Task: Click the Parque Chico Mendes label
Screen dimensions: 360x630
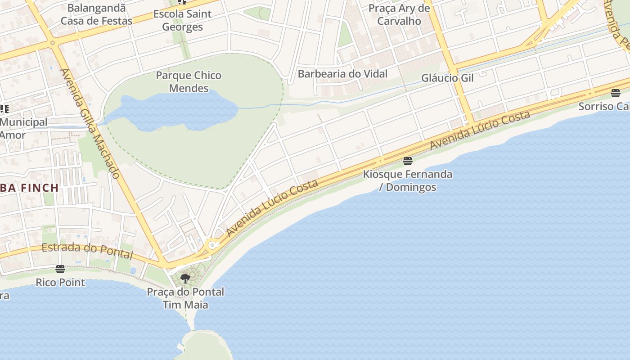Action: tap(189, 81)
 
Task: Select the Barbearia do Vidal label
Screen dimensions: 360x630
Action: tap(342, 74)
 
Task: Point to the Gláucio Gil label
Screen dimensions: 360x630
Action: tap(447, 78)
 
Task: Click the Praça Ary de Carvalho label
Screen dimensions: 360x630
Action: tap(399, 14)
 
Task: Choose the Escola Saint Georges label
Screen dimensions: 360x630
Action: tap(182, 20)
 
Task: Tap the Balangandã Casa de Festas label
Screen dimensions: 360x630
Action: tap(96, 14)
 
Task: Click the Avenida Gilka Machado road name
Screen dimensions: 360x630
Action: tap(90, 123)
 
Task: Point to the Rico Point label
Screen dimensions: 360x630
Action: tap(60, 283)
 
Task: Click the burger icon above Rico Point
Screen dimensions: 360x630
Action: tap(60, 269)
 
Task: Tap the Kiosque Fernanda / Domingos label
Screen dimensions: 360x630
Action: tap(408, 180)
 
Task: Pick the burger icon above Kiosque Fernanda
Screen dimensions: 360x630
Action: tap(408, 161)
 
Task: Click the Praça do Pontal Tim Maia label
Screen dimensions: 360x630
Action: tap(185, 298)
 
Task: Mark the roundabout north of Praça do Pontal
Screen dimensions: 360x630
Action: tap(212, 246)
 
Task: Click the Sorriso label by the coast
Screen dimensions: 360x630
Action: tap(603, 107)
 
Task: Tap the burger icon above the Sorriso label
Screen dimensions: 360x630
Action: tap(616, 93)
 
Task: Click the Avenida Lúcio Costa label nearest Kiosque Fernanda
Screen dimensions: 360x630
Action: tap(480, 130)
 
